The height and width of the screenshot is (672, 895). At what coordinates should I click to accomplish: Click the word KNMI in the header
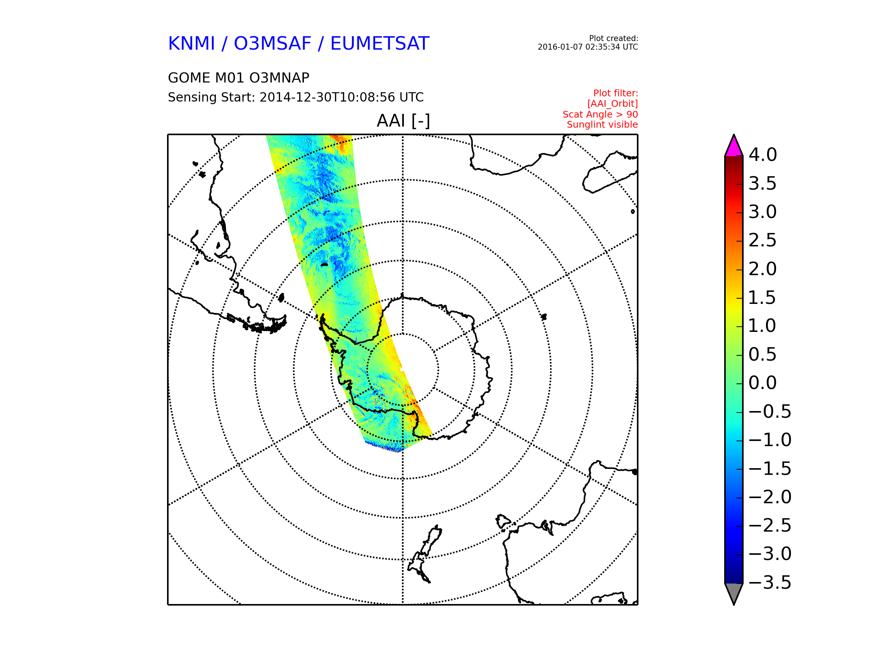[x=191, y=43]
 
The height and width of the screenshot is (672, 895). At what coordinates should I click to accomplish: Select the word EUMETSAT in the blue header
[x=380, y=43]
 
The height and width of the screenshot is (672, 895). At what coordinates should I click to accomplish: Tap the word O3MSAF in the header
[x=272, y=43]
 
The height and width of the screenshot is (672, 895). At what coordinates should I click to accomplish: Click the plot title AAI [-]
[x=403, y=121]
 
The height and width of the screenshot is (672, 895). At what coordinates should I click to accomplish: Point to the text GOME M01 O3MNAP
[x=239, y=78]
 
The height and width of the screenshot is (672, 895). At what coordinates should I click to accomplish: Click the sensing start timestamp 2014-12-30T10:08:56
[x=327, y=97]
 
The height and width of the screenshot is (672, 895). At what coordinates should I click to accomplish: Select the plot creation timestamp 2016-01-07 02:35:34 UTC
[x=587, y=47]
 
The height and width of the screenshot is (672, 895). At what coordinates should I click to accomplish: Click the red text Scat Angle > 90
[x=600, y=114]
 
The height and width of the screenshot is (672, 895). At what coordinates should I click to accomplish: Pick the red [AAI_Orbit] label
[x=612, y=104]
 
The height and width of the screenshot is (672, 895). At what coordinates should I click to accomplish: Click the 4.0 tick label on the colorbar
[x=763, y=155]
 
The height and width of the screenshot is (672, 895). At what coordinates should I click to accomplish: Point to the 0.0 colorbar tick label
[x=763, y=383]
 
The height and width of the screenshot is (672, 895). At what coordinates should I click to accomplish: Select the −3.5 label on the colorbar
[x=770, y=582]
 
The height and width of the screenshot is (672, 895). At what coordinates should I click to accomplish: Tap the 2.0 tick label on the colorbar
[x=763, y=269]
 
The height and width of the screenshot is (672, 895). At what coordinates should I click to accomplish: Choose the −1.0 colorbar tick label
[x=770, y=440]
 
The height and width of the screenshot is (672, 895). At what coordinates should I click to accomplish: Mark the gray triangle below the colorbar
[x=734, y=592]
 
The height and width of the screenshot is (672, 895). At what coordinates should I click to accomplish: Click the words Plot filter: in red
[x=615, y=93]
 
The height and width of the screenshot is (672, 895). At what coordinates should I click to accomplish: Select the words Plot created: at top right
[x=613, y=38]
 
